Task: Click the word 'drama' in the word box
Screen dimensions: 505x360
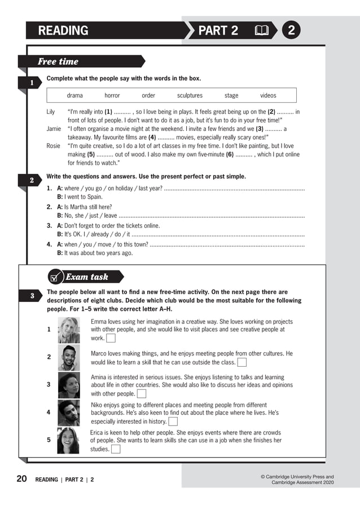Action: [74, 96]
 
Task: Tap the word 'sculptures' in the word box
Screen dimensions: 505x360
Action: [190, 96]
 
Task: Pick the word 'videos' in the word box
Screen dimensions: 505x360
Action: [268, 96]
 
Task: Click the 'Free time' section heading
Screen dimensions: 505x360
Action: [58, 62]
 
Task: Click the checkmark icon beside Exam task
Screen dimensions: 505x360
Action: [55, 277]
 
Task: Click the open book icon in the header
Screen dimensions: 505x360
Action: [261, 30]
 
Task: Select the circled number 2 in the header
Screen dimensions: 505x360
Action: [291, 30]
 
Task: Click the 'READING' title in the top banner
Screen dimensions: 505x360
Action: [63, 30]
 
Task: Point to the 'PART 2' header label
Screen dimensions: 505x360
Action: [218, 30]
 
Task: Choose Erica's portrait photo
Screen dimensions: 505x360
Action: [68, 440]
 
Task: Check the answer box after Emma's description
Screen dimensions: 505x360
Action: [111, 339]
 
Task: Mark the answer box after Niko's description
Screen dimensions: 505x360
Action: [173, 421]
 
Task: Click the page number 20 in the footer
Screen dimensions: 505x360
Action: [21, 479]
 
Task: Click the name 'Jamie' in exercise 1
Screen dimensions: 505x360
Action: [54, 129]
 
